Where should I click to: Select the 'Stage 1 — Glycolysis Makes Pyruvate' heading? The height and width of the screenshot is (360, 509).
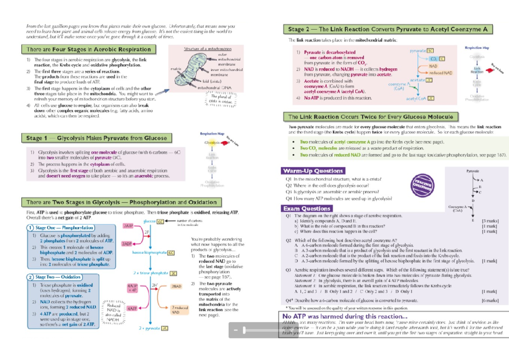pos(97,138)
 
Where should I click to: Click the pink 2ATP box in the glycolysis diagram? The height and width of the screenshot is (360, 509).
pos(129,226)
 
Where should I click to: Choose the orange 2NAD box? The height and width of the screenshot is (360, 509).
pos(176,287)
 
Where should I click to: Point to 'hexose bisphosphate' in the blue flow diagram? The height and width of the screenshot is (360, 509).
pos(149,253)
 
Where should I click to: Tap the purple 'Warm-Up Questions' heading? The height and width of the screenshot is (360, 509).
pos(313,171)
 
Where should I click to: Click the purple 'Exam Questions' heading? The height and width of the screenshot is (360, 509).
pos(306,208)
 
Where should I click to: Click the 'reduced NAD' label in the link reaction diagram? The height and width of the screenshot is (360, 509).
pos(441,73)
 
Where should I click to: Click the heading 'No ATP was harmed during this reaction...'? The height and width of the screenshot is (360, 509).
pos(345,316)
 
